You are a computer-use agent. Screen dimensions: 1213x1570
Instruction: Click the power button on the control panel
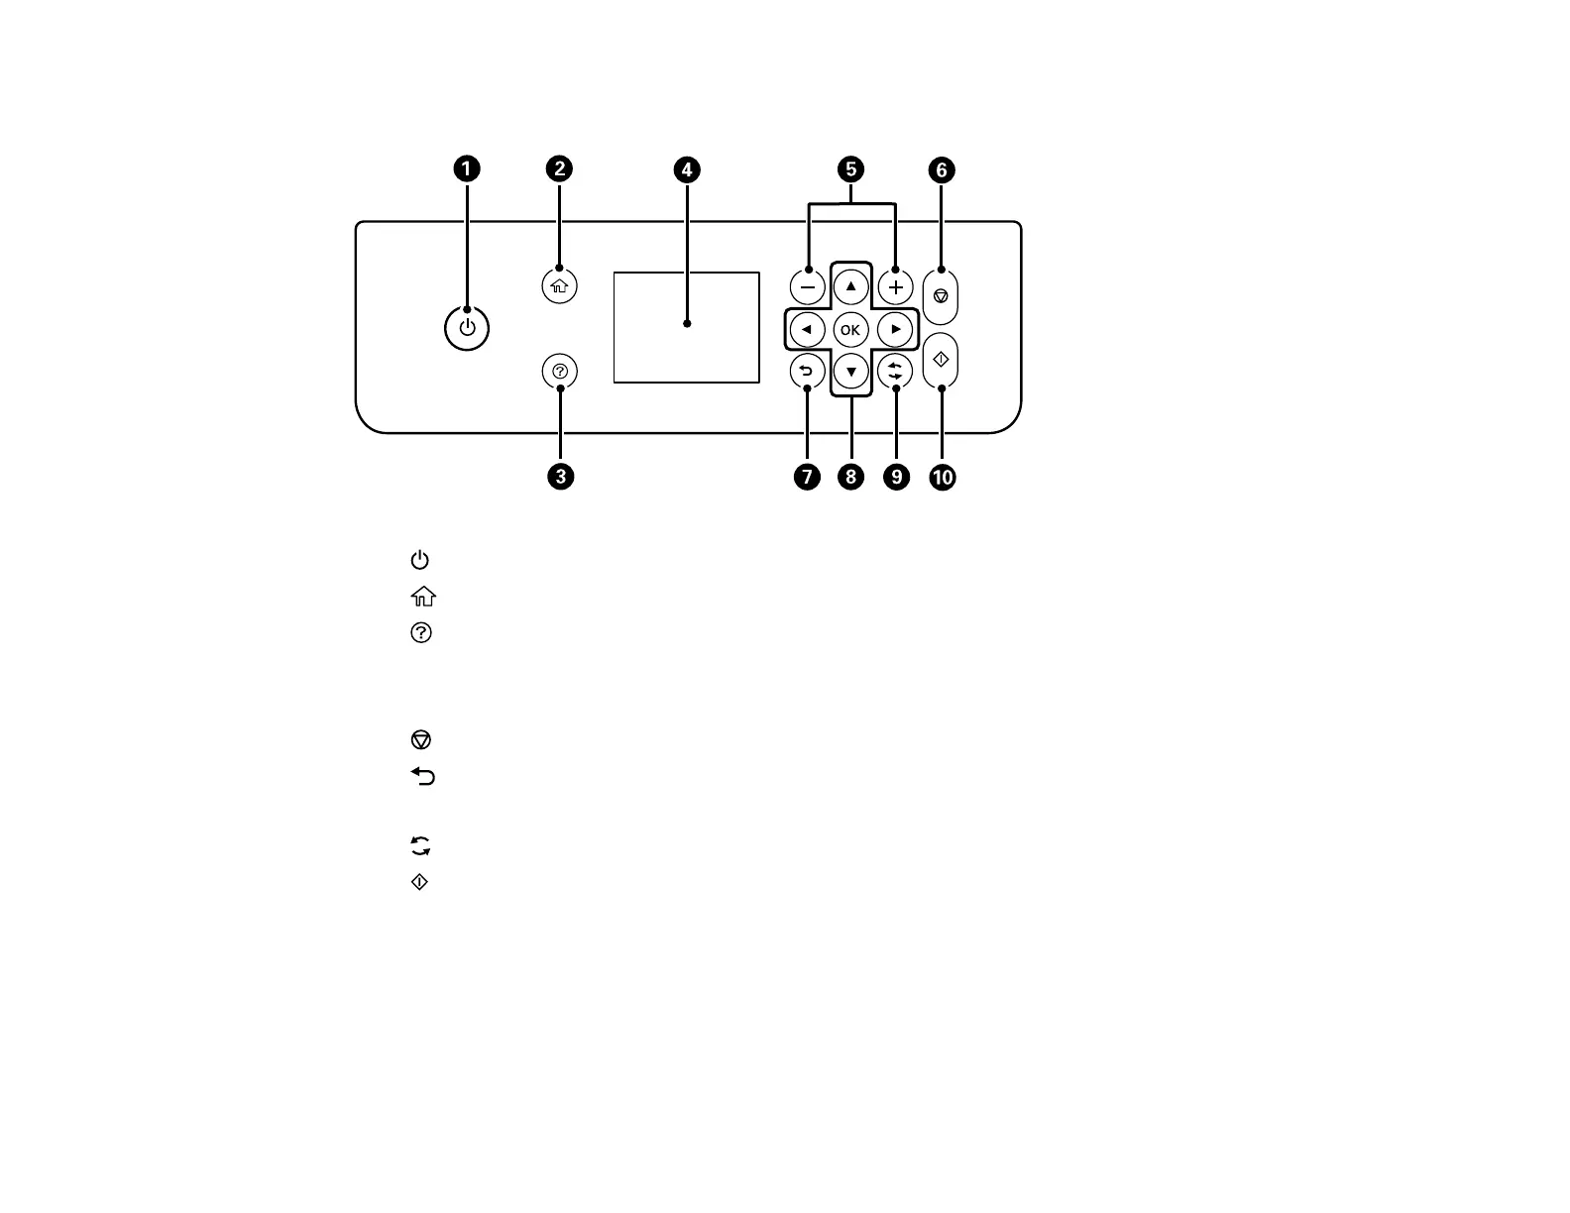(x=467, y=329)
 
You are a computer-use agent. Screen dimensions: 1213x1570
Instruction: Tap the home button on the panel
(x=560, y=286)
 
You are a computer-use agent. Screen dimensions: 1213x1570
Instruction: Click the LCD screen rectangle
(x=686, y=327)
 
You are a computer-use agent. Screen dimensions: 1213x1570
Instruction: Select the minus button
(x=807, y=287)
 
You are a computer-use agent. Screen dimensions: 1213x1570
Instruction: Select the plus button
(x=895, y=287)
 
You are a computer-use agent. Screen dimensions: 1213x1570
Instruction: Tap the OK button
(x=850, y=330)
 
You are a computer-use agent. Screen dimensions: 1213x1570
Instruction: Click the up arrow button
(x=850, y=286)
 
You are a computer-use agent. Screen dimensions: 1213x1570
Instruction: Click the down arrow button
(x=850, y=373)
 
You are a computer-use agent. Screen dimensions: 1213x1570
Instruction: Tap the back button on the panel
(x=807, y=372)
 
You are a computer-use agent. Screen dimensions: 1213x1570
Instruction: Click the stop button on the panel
(x=941, y=296)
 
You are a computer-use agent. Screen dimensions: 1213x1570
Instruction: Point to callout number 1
(x=467, y=169)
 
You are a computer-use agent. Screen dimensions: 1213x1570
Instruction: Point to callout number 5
(x=850, y=169)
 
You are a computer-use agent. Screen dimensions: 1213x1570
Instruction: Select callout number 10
(x=942, y=478)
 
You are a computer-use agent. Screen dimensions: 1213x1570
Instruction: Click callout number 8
(x=850, y=478)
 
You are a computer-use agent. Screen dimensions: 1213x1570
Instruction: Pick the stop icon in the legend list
(x=420, y=740)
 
